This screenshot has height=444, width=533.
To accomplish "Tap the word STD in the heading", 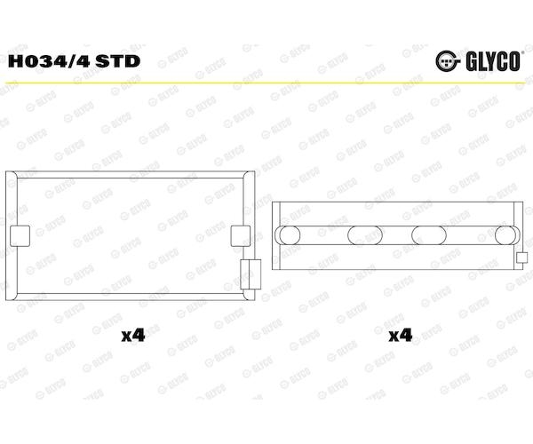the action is [118, 61].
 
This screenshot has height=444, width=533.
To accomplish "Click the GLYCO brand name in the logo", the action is [493, 61].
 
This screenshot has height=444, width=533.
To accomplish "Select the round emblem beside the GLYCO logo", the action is [448, 61].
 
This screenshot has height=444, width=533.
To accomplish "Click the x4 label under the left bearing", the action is [133, 336].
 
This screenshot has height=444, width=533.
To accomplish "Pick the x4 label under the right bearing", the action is [401, 336].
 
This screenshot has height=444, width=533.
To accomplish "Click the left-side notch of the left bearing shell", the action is [20, 235].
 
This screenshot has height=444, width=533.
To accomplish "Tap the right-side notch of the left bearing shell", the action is [241, 235].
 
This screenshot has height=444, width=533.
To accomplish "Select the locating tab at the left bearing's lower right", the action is [251, 274].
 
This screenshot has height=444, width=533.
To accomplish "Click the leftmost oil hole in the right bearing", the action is [290, 235].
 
